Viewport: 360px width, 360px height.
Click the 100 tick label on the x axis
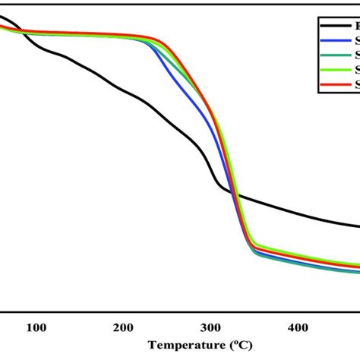pyautogui.click(x=36, y=327)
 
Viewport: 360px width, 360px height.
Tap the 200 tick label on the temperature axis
pyautogui.click(x=123, y=327)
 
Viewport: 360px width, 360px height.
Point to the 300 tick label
pyautogui.click(x=210, y=327)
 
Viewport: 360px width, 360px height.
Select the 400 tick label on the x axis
pyautogui.click(x=298, y=327)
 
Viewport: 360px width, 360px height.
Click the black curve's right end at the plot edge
pyautogui.click(x=357, y=226)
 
